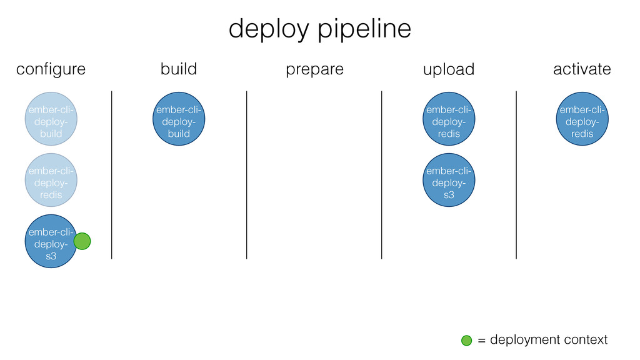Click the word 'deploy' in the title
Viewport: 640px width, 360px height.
pos(269,29)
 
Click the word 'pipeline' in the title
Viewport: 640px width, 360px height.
pos(364,29)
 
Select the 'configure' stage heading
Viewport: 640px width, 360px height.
pos(51,69)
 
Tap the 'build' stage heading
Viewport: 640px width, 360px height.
pos(179,69)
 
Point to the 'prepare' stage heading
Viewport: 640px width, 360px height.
pos(314,70)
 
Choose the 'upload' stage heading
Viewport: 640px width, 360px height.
pos(449,69)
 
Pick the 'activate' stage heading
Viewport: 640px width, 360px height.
pos(582,69)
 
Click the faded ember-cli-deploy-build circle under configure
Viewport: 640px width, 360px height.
pos(51,119)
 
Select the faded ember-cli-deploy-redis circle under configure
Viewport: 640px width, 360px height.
pos(51,180)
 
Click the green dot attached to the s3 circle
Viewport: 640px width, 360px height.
pos(82,241)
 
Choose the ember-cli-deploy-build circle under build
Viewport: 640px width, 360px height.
pos(179,119)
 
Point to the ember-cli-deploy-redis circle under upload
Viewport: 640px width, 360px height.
pos(449,119)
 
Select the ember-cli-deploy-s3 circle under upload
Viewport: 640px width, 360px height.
pos(449,180)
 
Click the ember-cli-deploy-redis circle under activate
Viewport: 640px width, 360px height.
pos(582,119)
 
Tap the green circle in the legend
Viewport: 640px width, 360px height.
pos(466,341)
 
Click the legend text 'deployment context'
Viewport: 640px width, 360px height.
pos(549,339)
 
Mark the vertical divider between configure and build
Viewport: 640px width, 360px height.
pos(111,175)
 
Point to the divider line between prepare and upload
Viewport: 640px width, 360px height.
pos(382,175)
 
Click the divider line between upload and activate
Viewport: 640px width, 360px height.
pos(516,175)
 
